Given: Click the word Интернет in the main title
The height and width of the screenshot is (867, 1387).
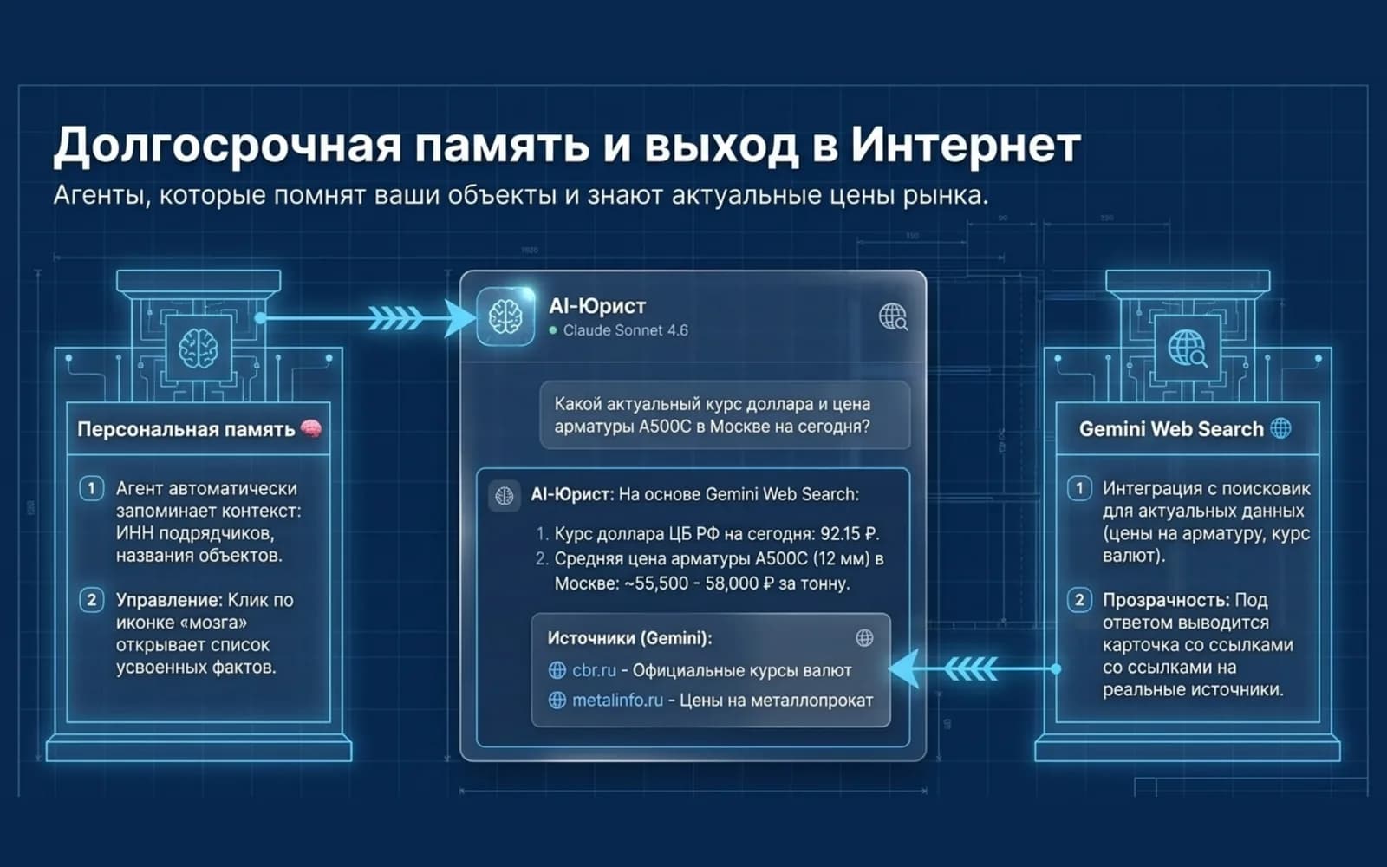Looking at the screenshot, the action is pos(966,147).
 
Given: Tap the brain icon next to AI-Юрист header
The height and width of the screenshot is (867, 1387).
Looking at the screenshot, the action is pos(505,316).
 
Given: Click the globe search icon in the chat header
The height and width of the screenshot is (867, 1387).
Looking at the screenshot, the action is pos(893,316).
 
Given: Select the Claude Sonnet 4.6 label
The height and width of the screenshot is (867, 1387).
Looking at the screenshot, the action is pos(625,330).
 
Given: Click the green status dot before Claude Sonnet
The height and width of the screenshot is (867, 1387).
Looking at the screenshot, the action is pos(553,330).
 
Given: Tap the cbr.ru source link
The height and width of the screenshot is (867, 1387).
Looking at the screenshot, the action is pos(594,670).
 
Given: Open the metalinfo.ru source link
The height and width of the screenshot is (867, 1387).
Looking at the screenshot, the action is pos(617,701).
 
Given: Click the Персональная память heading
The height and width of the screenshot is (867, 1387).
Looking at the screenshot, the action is pos(186,429).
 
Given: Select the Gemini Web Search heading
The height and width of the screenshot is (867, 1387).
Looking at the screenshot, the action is pos(1171,429).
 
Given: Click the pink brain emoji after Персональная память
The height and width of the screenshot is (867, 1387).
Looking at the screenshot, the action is pos(311,428).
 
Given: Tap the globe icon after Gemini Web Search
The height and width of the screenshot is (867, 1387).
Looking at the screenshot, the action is pos(1280,428).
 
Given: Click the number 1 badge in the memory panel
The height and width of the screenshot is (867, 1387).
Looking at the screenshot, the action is pos(91,489).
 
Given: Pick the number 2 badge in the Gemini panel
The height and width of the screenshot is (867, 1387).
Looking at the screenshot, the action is pos(1079,600).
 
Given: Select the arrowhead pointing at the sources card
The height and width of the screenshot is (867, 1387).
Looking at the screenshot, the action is pos(905,668).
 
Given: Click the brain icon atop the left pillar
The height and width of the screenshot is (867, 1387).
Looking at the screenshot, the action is pos(199,348).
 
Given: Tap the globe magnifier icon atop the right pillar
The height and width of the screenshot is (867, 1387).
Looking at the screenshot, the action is pos(1187,348).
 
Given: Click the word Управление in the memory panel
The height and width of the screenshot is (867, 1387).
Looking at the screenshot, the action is pos(168,600).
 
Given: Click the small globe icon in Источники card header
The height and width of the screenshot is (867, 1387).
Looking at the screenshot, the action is pos(864,637).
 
